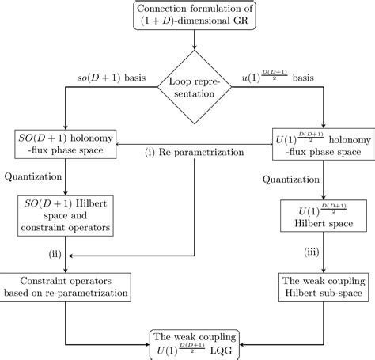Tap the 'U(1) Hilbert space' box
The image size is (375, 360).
pos(323,216)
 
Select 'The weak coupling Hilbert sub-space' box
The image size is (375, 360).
pos(323,286)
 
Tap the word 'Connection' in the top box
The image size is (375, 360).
pos(149,9)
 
